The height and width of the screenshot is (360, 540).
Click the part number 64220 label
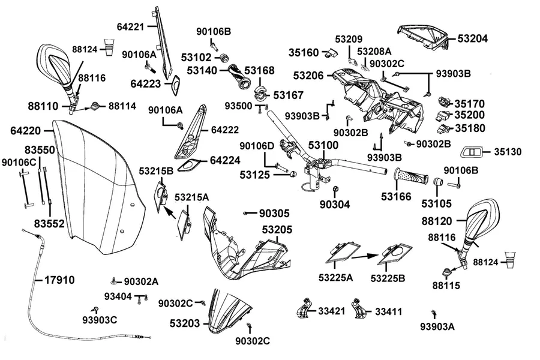point(25,131)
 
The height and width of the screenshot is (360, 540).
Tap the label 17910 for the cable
point(59,280)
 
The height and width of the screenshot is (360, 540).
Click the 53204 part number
point(473,38)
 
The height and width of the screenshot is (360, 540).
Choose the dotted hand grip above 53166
point(411,177)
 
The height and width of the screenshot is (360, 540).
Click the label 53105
point(436,203)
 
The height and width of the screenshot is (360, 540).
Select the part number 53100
point(323,145)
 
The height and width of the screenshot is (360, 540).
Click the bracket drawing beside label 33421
point(304,308)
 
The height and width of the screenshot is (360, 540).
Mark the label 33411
point(388,312)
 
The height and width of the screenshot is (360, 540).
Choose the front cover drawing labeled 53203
point(229,311)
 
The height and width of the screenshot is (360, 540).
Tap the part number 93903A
point(437,326)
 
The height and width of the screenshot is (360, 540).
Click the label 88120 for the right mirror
point(437,221)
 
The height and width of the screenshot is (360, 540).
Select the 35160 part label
point(304,53)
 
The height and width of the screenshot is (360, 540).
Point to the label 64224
point(225,161)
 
